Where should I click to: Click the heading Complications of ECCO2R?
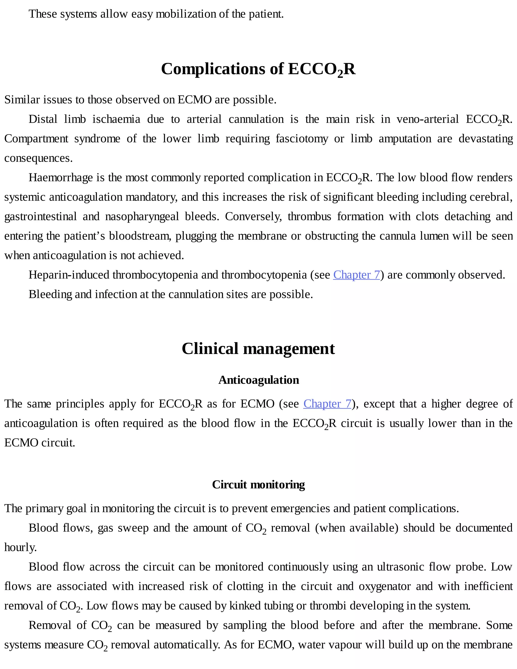coord(258,69)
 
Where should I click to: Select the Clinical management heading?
coord(258,349)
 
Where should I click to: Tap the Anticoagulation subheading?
coord(258,380)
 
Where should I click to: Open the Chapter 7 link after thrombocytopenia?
coord(356,275)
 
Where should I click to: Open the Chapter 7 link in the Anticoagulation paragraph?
coord(327,404)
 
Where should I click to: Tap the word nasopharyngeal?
coord(142,217)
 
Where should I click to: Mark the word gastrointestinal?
coord(40,217)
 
